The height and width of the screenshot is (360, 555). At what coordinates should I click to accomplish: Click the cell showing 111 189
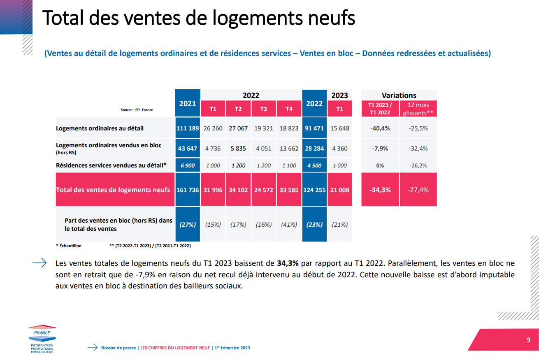(188, 128)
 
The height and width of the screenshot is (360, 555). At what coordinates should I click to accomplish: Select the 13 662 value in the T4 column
(289, 149)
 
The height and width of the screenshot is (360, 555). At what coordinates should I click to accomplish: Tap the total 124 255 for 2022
(314, 190)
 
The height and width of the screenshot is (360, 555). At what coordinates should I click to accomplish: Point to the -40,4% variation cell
(380, 128)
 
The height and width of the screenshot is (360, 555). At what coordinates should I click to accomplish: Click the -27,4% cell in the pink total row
(418, 190)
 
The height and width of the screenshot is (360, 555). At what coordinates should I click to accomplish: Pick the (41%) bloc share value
(289, 225)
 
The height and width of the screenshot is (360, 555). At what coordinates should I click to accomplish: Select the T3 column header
(263, 109)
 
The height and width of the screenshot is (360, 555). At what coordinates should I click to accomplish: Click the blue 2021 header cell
(188, 103)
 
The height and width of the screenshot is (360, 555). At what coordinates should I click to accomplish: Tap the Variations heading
(399, 95)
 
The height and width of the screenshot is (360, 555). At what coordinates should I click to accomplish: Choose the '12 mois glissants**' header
(418, 109)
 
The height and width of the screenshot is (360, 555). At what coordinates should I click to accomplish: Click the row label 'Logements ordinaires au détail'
(100, 128)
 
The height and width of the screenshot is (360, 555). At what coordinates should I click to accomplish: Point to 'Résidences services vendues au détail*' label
(111, 165)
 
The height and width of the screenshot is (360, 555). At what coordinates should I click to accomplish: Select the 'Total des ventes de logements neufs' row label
(113, 190)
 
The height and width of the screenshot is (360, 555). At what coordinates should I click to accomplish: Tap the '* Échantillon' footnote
(69, 246)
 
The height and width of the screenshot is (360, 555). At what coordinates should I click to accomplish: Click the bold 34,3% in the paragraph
(288, 263)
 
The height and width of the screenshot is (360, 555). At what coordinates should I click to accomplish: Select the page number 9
(528, 339)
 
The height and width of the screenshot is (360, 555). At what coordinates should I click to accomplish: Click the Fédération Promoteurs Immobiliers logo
(42, 340)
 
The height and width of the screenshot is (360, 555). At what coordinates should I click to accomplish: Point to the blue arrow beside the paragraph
(39, 263)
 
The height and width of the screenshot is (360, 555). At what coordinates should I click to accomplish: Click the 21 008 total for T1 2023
(339, 190)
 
